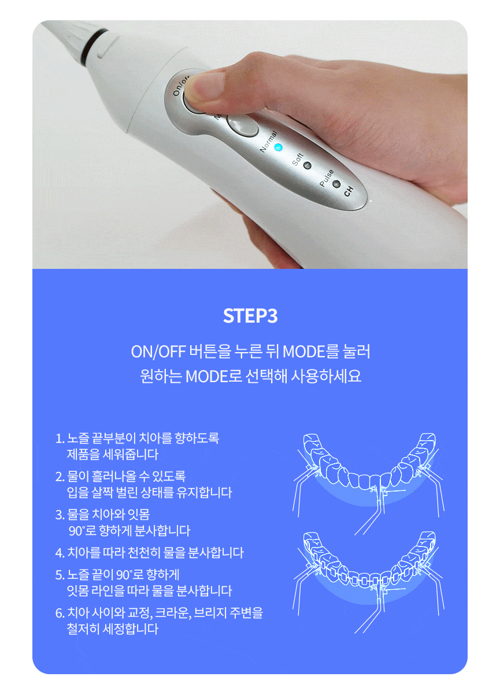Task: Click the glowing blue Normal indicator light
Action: [278, 147]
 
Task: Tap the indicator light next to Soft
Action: [307, 165]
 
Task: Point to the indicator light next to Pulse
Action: [336, 184]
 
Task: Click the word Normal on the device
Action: [269, 142]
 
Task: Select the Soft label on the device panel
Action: [297, 159]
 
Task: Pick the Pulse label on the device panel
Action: [327, 178]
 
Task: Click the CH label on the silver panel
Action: [349, 191]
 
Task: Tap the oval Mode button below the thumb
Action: [242, 125]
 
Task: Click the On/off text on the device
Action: [180, 86]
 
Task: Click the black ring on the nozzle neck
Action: [93, 46]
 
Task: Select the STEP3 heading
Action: [250, 316]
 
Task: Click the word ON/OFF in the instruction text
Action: [158, 352]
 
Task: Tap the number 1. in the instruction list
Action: [60, 438]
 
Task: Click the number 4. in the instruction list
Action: [60, 553]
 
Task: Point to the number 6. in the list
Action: [60, 613]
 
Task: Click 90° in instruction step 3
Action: [77, 531]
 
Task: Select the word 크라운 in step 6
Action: [173, 613]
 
